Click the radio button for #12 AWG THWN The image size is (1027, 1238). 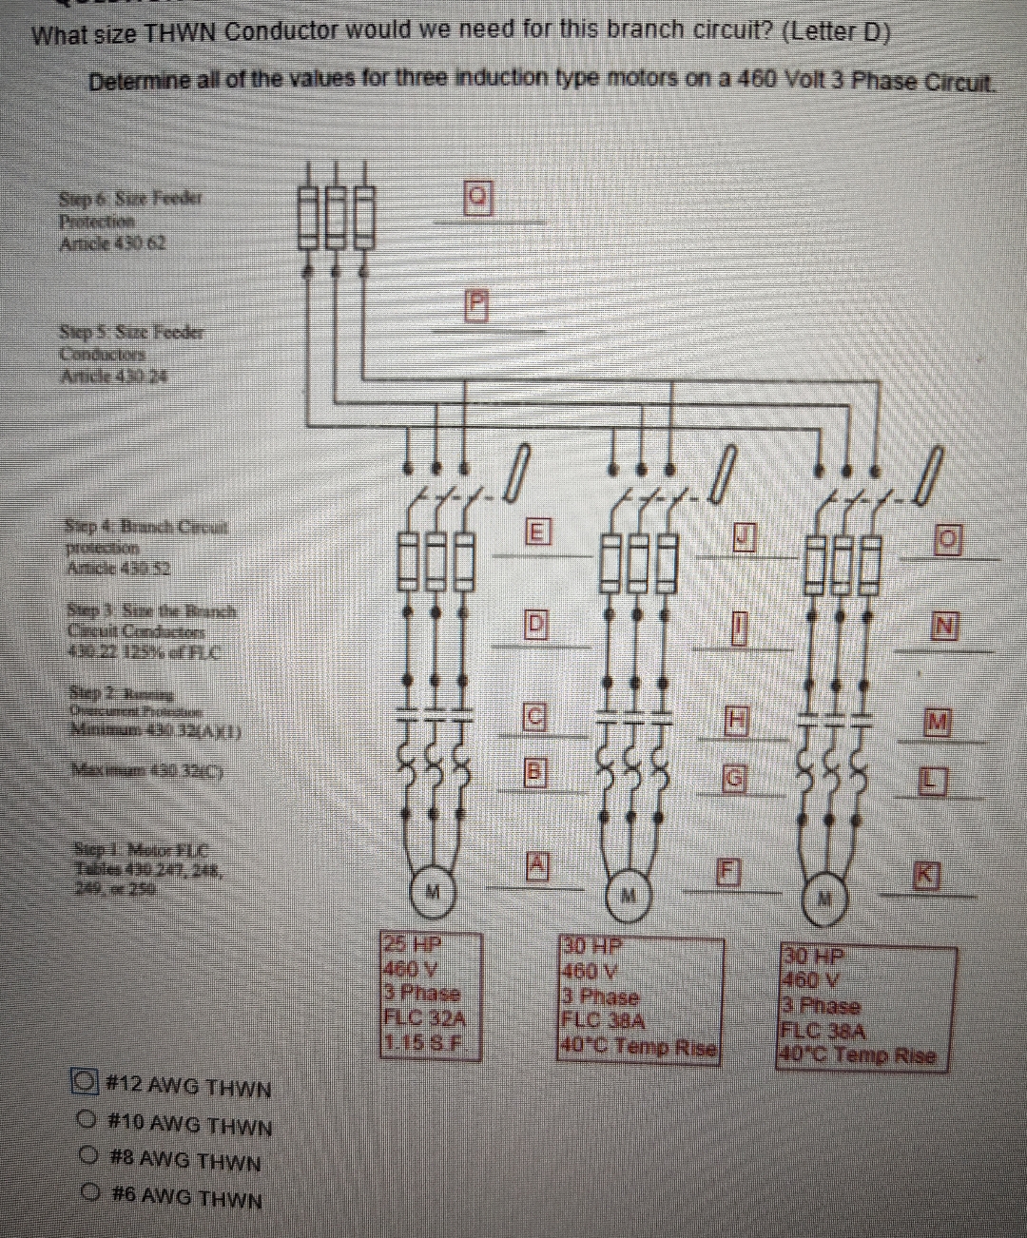pyautogui.click(x=87, y=1082)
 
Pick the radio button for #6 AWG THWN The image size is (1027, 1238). pyautogui.click(x=91, y=1192)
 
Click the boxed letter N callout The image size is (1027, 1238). pyautogui.click(x=944, y=626)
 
